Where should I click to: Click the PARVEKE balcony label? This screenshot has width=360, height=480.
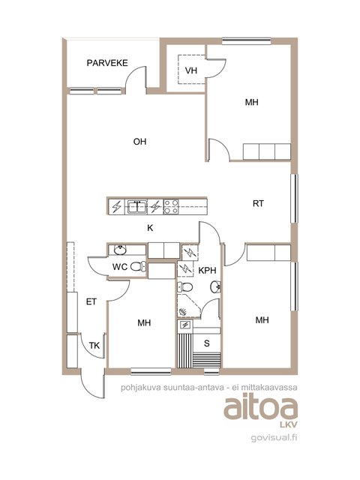[107, 63]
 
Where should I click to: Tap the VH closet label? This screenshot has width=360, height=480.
[191, 70]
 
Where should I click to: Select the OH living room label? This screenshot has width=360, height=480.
[139, 142]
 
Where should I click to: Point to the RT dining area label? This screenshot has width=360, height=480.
[258, 203]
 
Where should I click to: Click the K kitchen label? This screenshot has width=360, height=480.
[150, 228]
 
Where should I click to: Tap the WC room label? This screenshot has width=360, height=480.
[120, 267]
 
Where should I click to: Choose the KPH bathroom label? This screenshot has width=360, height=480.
[207, 270]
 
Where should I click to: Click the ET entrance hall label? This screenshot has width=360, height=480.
[91, 301]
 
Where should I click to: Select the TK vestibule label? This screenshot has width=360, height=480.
[94, 346]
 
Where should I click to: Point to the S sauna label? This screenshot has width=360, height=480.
[207, 343]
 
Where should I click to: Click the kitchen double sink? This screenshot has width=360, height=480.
[137, 206]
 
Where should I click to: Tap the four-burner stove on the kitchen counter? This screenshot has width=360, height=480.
[171, 206]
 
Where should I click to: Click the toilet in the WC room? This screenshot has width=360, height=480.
[138, 267]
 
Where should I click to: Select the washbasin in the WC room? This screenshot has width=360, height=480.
[120, 250]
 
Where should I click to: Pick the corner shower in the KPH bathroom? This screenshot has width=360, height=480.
[189, 306]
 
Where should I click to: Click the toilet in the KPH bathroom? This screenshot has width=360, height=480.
[185, 287]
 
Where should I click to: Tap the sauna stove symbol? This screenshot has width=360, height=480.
[185, 325]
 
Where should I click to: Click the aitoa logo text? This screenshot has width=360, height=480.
[260, 408]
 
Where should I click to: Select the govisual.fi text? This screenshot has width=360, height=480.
[274, 438]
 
